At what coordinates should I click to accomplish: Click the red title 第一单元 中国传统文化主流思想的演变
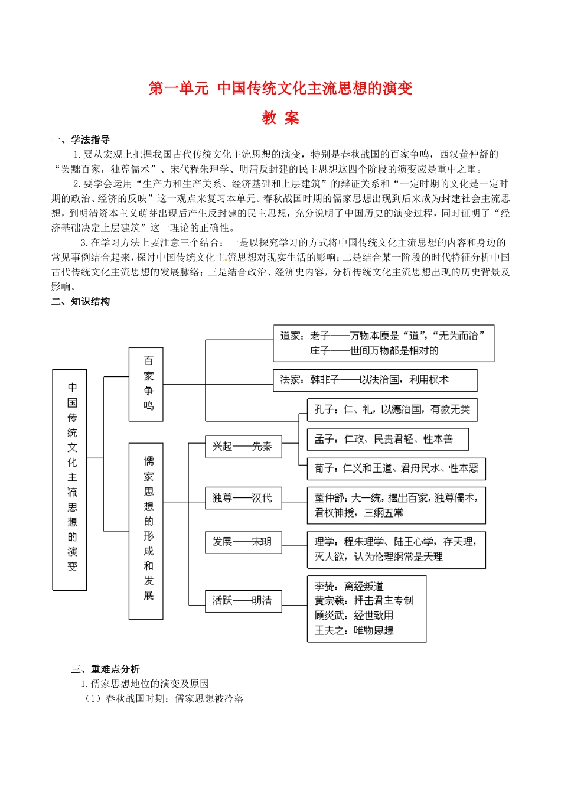click(280, 89)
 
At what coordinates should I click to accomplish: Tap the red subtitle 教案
click(280, 118)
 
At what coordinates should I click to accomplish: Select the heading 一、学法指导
click(80, 140)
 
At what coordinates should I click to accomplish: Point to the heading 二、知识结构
click(80, 302)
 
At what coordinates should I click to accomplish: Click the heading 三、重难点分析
click(105, 669)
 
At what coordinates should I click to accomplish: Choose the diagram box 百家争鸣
click(146, 384)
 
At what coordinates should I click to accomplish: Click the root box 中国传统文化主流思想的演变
click(70, 479)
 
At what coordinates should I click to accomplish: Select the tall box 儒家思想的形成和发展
click(146, 531)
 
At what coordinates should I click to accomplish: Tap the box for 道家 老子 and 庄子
click(383, 343)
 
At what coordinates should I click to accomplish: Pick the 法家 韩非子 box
click(374, 380)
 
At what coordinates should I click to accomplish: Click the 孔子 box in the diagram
click(392, 409)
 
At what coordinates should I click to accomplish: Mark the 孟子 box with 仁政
click(387, 439)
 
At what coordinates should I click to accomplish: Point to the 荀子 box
click(396, 468)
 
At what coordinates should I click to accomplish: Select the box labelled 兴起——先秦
click(243, 447)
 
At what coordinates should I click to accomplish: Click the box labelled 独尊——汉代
click(243, 498)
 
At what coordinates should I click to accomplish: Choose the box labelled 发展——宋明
click(243, 542)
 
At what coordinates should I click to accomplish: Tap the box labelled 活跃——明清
click(243, 601)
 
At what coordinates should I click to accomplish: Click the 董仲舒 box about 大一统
click(396, 505)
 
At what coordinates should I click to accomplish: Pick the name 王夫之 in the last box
click(330, 630)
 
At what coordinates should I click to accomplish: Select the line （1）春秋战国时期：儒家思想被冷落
click(163, 699)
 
